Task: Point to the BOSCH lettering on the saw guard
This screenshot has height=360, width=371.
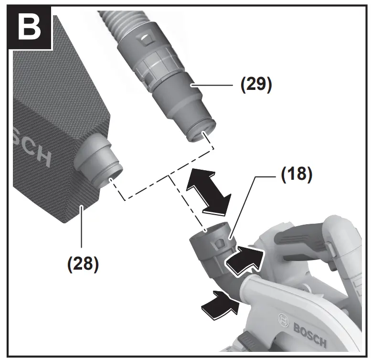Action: click(307, 334)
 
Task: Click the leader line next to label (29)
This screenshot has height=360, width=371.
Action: click(215, 85)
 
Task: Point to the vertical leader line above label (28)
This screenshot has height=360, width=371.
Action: click(82, 229)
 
